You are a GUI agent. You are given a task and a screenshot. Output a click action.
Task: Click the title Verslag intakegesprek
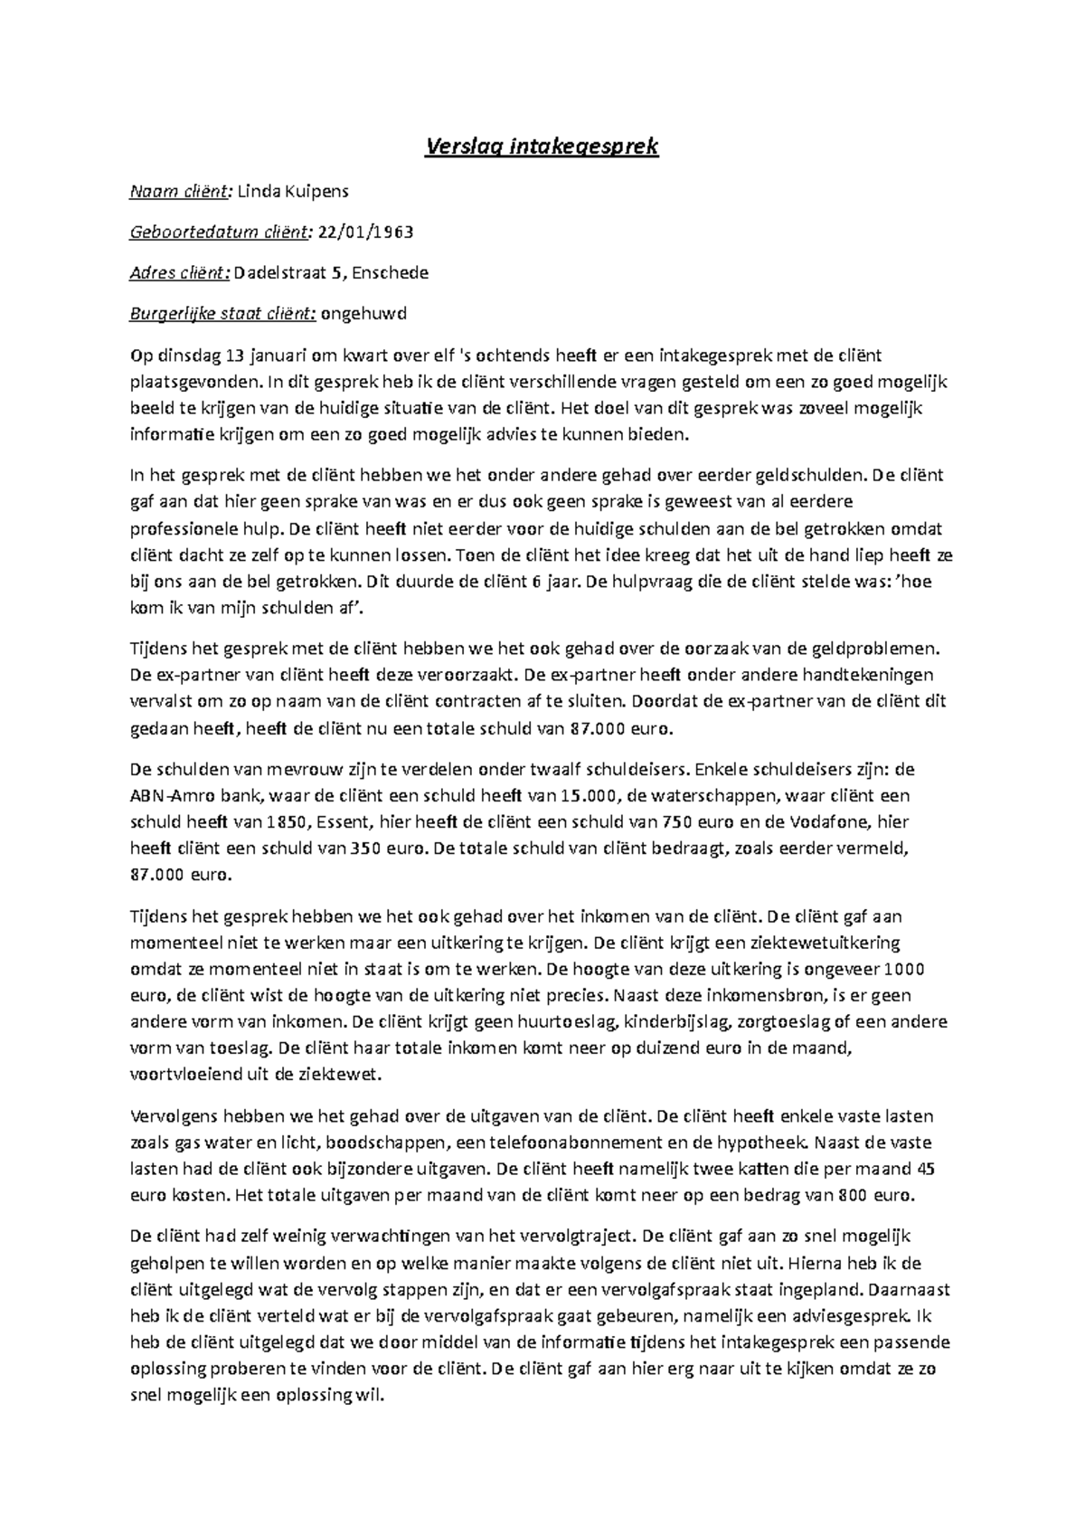point(542,146)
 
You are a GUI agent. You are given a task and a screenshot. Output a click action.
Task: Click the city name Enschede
point(391,272)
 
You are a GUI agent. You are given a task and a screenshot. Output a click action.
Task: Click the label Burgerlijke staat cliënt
point(222,314)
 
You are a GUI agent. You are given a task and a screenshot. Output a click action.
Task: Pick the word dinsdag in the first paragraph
point(185,355)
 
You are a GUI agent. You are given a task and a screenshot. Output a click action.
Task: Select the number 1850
point(288,822)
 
